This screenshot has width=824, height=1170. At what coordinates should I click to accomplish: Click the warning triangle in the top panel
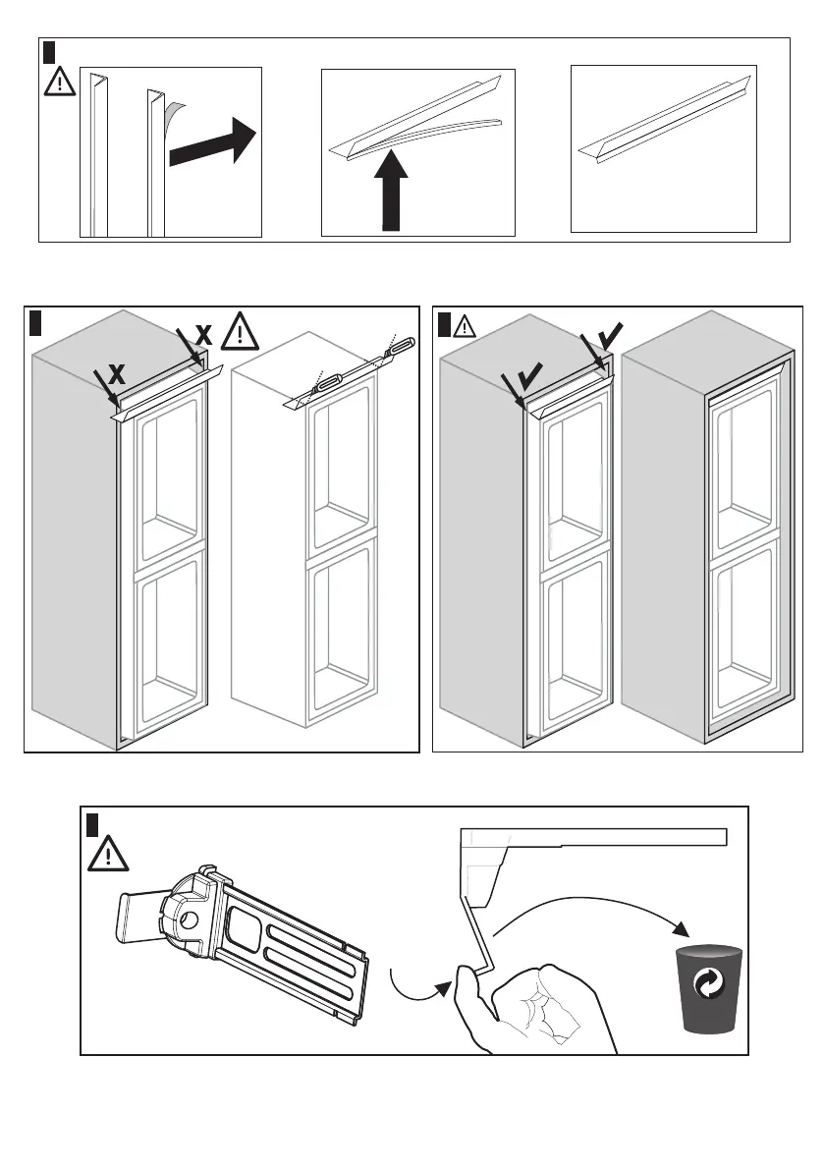click(61, 82)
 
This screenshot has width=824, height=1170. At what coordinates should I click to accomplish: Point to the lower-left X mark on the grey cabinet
click(116, 374)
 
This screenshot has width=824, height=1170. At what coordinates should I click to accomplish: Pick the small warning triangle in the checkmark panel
click(464, 324)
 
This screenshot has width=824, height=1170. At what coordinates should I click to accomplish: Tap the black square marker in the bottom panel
click(91, 822)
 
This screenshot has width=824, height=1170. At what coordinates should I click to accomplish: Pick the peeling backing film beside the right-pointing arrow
click(174, 115)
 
